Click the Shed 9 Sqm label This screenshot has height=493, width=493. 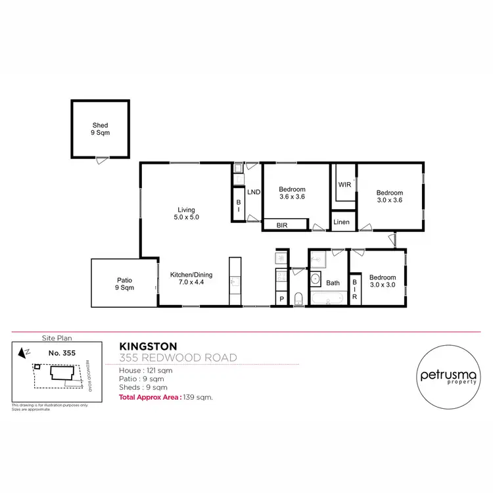(x=100, y=129)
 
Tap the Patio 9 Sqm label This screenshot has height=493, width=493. (x=124, y=283)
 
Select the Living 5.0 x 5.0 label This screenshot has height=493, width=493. (x=186, y=213)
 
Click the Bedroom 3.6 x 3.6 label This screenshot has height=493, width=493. (x=293, y=193)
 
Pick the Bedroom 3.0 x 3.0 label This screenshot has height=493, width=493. (x=382, y=281)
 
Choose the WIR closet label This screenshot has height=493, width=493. (x=344, y=185)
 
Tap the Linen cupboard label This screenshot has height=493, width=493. (x=342, y=222)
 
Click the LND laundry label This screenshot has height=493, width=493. (x=254, y=192)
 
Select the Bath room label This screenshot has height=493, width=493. (x=333, y=283)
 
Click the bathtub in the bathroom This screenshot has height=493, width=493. (x=327, y=300)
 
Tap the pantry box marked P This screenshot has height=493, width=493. (x=282, y=299)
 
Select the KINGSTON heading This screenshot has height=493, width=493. (x=147, y=345)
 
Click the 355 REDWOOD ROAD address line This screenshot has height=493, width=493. (x=177, y=358)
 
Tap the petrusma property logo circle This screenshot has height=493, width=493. (x=446, y=377)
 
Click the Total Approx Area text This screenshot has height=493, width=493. (x=166, y=398)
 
